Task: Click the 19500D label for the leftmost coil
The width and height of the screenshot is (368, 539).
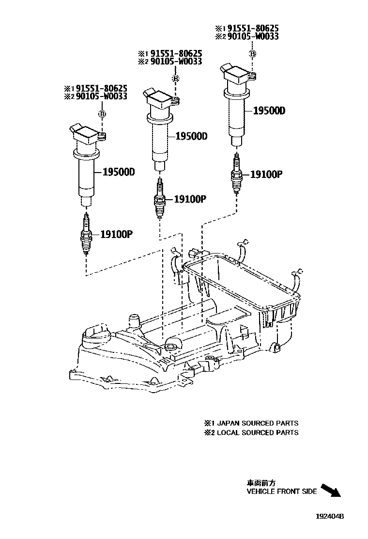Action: pos(119,172)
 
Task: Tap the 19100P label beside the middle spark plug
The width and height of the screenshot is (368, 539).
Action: pos(190,199)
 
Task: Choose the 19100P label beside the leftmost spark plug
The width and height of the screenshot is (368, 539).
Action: pos(116,235)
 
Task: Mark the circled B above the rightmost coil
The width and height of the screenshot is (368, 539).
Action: pos(252,53)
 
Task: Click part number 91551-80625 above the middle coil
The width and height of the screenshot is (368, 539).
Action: pos(176,53)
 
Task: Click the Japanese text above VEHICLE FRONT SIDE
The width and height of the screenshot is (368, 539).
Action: pos(261,483)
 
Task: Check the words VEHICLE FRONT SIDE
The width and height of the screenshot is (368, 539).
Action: pos(282,491)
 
